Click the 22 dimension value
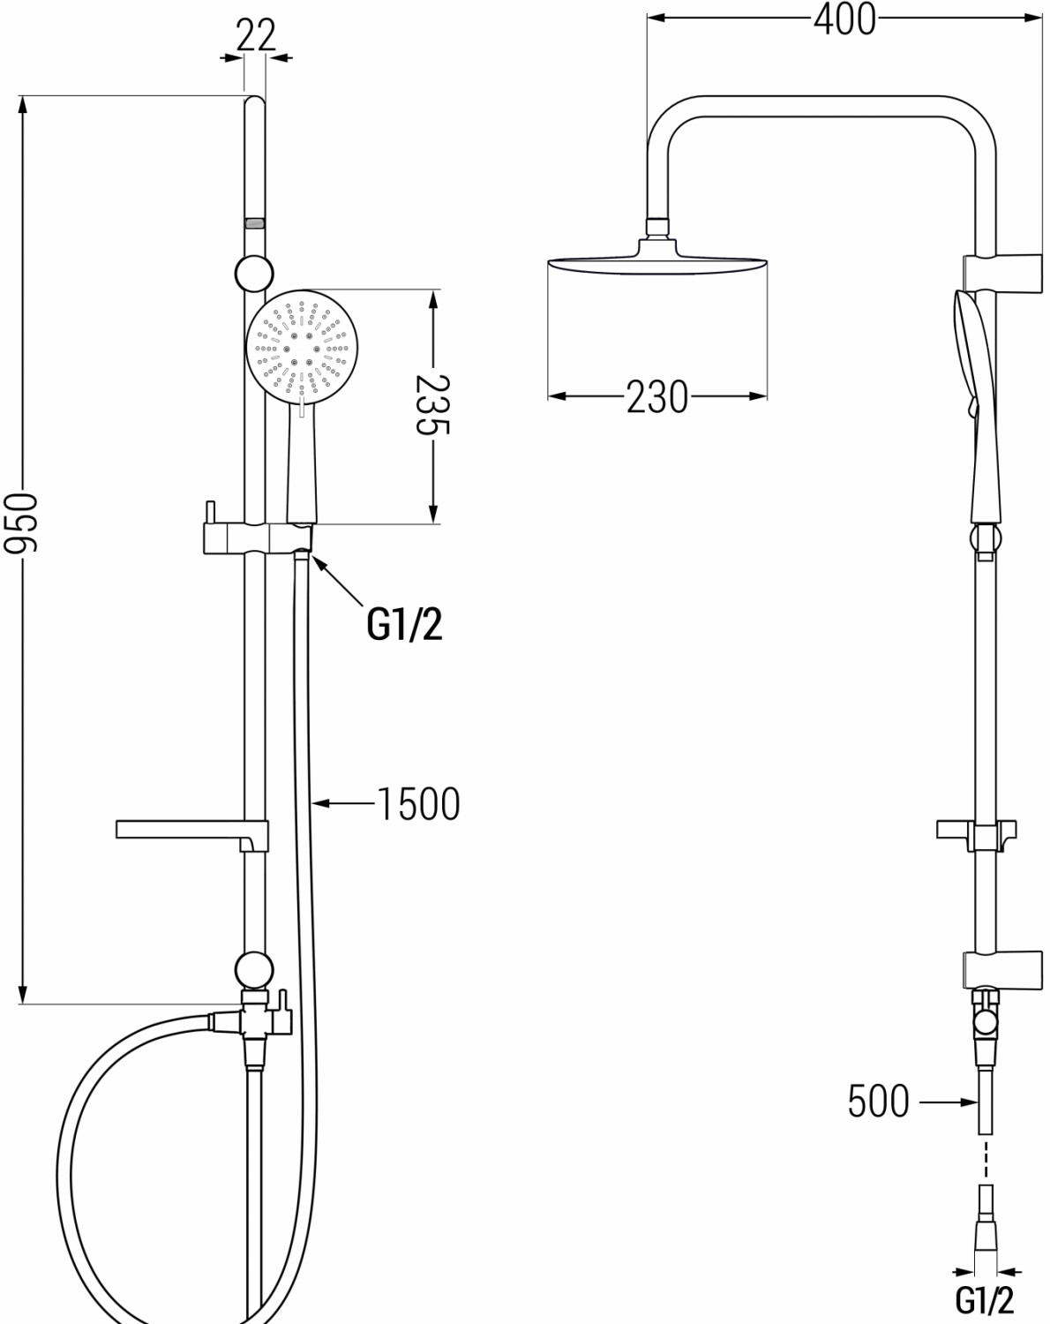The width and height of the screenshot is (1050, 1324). [256, 35]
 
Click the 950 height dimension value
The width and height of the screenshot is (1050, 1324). [20, 522]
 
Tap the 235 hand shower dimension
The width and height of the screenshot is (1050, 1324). [433, 404]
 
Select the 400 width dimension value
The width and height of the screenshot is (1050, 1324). [844, 19]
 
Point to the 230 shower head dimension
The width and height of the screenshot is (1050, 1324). [657, 397]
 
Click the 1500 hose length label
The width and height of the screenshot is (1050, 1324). [419, 803]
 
